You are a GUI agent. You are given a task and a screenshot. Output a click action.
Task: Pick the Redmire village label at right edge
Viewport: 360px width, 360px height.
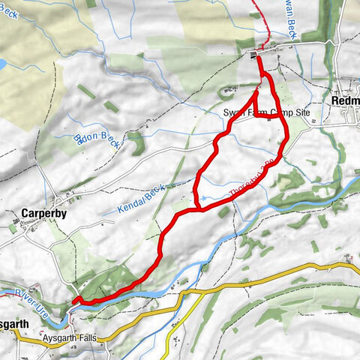pyautogui.click(x=346, y=100)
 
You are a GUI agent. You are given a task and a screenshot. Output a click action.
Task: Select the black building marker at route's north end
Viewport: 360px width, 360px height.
pyautogui.click(x=254, y=55)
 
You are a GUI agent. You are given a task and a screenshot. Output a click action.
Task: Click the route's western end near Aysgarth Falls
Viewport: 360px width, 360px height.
pyautogui.click(x=75, y=301)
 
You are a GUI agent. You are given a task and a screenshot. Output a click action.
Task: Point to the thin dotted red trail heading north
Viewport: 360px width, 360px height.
pyautogui.click(x=259, y=22)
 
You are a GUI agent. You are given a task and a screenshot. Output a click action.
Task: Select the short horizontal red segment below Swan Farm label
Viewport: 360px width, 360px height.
pyautogui.click(x=268, y=118)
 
